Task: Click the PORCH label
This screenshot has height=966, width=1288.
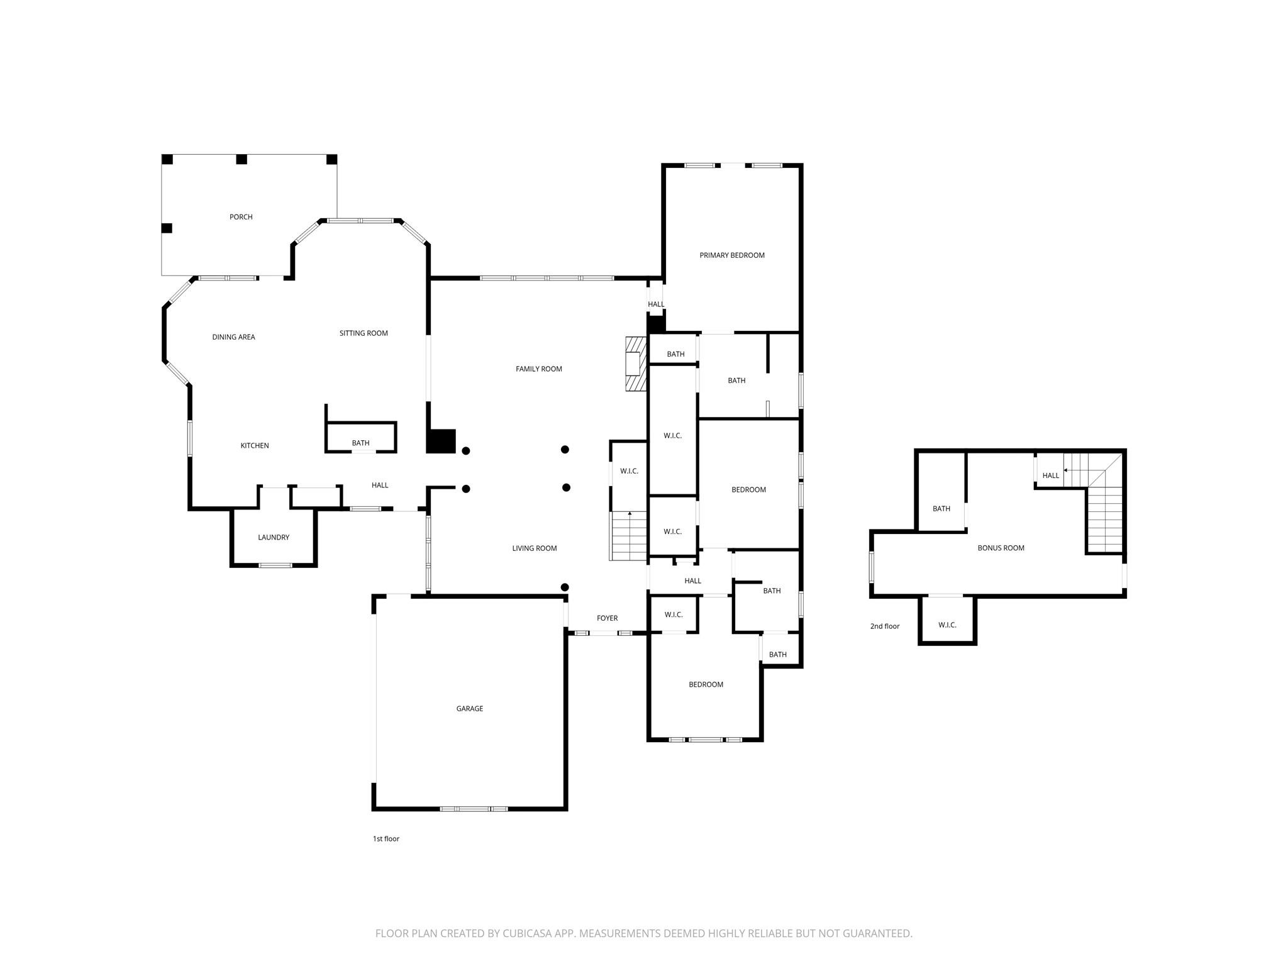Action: tap(241, 217)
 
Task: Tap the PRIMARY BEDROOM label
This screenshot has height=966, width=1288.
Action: tap(732, 255)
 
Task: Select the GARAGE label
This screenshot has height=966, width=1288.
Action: tap(470, 709)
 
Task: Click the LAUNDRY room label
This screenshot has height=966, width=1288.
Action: tap(274, 538)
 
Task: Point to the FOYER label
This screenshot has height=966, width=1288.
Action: tap(607, 619)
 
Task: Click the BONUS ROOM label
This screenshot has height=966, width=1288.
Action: tap(1001, 548)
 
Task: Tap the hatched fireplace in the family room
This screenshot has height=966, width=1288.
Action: tap(636, 364)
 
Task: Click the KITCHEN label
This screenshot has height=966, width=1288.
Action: tap(255, 446)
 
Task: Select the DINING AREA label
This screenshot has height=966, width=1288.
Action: tap(233, 337)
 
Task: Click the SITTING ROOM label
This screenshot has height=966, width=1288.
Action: tap(364, 333)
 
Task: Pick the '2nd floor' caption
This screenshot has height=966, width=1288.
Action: tap(884, 626)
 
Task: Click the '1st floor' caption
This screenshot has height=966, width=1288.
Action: tap(386, 839)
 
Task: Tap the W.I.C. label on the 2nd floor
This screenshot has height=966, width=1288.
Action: tap(947, 625)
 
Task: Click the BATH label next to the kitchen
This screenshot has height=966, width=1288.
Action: tap(360, 443)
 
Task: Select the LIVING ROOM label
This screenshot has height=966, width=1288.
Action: tap(534, 548)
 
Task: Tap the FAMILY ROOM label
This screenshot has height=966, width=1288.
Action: tap(538, 369)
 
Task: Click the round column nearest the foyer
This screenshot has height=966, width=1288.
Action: tap(565, 587)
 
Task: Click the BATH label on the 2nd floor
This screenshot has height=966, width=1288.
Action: tap(941, 509)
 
